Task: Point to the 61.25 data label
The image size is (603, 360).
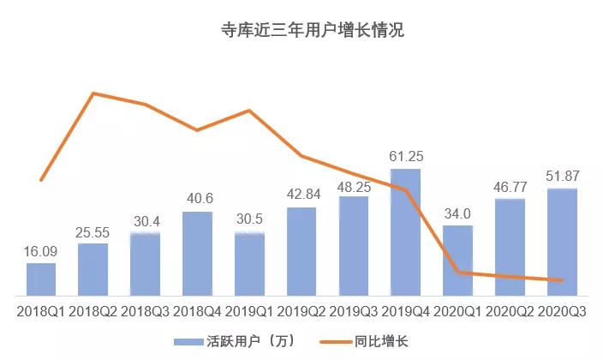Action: [406, 157]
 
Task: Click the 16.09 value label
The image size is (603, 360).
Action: [41, 252]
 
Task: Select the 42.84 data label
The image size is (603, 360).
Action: [301, 195]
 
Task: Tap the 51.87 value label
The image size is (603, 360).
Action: [562, 177]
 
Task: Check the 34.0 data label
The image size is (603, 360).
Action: [457, 213]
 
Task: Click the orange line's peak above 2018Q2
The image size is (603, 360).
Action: [93, 93]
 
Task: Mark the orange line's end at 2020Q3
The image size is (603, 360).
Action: [562, 280]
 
